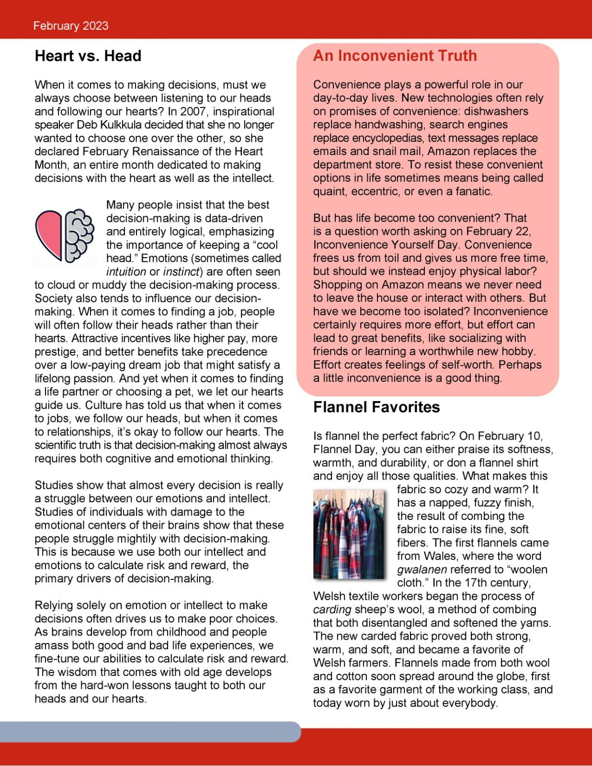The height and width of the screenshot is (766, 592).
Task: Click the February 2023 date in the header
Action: coord(71,26)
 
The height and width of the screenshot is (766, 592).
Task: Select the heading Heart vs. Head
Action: coord(88,56)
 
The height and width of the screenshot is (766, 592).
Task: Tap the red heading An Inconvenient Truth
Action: coord(395,56)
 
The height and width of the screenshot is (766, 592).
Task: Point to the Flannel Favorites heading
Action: coord(376,407)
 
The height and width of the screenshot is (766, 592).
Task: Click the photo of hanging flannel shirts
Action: coord(349,534)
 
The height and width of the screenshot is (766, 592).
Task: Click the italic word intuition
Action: coord(126,272)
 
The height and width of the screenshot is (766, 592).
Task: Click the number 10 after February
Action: coord(534,436)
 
